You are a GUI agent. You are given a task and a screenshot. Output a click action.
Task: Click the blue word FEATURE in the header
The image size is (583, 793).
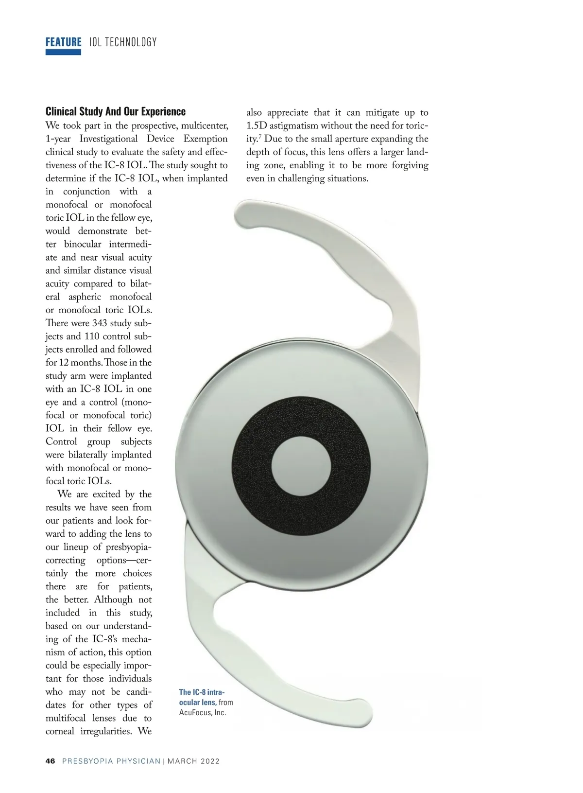[x=63, y=42]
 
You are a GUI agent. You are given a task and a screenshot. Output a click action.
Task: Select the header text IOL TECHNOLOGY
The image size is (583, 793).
[x=123, y=42]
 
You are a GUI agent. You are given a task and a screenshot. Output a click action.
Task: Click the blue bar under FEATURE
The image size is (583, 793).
[x=63, y=52]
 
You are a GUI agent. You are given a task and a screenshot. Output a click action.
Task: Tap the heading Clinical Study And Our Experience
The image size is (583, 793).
[x=116, y=111]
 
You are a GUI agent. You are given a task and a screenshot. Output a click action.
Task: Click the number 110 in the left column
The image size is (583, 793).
[x=92, y=336]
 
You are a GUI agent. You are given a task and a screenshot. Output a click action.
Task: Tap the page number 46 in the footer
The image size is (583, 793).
[x=51, y=761]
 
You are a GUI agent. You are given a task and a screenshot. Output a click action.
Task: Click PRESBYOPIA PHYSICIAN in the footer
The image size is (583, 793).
[x=111, y=761]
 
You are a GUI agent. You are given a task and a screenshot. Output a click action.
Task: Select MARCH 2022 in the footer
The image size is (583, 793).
[x=193, y=761]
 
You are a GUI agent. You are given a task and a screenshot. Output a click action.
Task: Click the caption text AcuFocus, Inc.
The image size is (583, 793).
[x=203, y=712]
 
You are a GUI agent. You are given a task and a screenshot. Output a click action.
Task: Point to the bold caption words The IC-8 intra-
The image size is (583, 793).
[x=202, y=692]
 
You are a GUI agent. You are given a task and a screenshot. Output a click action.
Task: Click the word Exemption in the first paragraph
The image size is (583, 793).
[x=206, y=139]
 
